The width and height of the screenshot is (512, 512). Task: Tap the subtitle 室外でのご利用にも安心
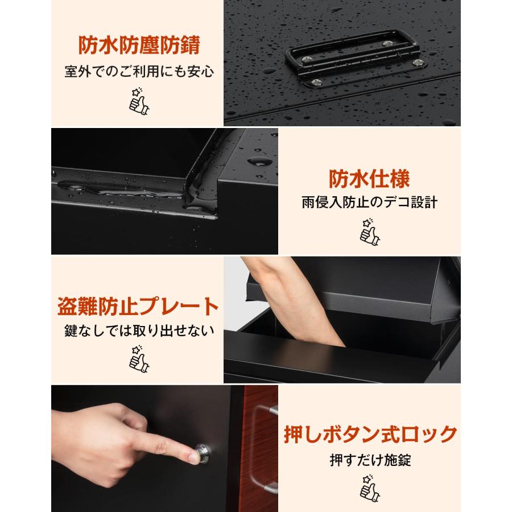[x=139, y=73]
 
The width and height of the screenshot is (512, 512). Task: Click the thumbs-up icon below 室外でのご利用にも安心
[x=139, y=101]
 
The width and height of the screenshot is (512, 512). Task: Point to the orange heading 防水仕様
[x=369, y=179]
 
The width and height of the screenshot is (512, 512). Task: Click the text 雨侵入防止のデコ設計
[x=369, y=203]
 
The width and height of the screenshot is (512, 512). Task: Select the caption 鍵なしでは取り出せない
[x=138, y=331]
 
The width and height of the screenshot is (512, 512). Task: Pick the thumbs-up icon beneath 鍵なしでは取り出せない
[x=138, y=358]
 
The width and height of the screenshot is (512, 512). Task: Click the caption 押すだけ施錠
[x=370, y=460]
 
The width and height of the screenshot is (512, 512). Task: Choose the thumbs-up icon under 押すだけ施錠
[x=370, y=488]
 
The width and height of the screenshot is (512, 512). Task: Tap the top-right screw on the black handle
[x=389, y=43]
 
